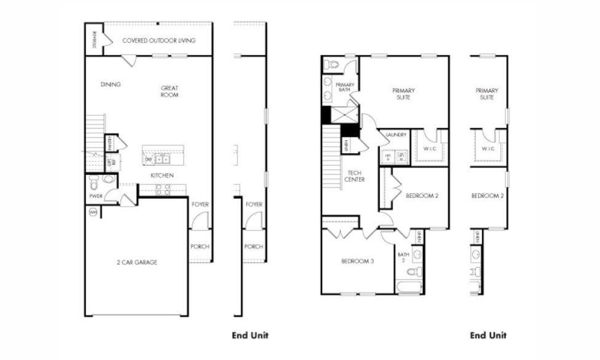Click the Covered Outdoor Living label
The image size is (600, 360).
click(158, 41)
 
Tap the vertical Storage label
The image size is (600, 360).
click(94, 40)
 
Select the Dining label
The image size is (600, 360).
click(110, 85)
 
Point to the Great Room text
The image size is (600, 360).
click(169, 91)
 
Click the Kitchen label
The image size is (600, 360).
click(162, 175)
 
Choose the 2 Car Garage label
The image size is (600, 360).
click(137, 262)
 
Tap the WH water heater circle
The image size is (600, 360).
click(93, 212)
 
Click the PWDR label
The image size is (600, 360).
click(95, 196)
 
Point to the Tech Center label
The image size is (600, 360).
click(355, 176)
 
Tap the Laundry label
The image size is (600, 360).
click(397, 135)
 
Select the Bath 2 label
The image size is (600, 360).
click(403, 257)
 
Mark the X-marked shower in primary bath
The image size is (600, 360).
click(347, 115)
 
